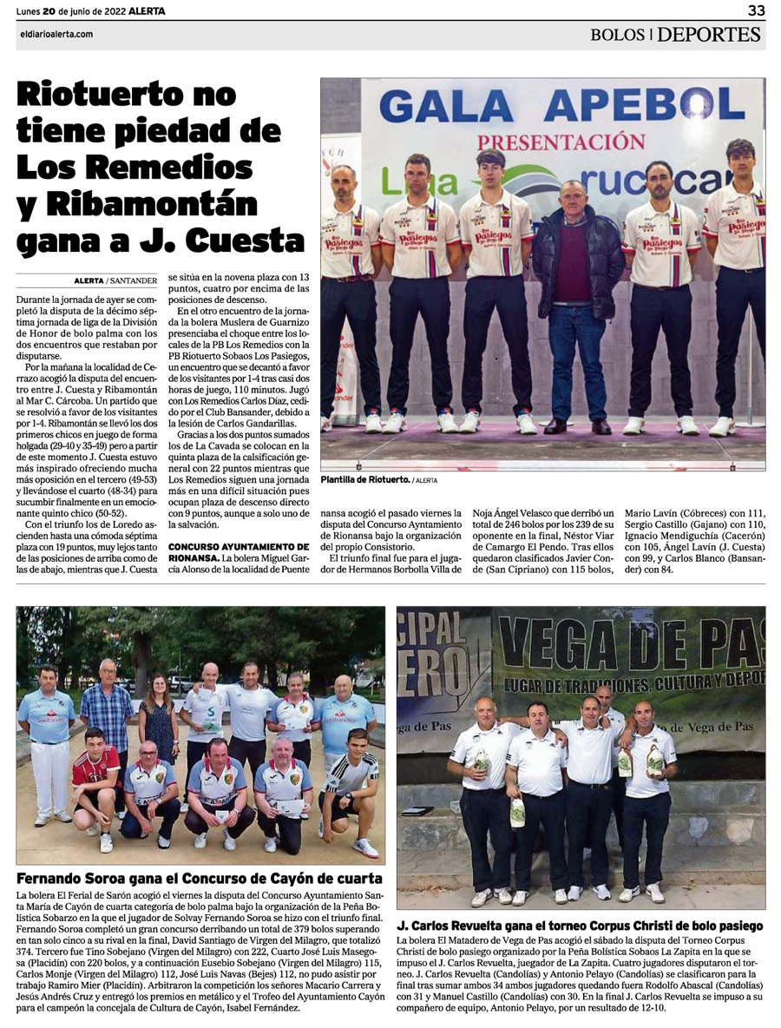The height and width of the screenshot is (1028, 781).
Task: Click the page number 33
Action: [x=756, y=10]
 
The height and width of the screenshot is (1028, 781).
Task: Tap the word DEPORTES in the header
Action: [x=709, y=35]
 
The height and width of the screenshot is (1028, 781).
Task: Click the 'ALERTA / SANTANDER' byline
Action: [x=115, y=280]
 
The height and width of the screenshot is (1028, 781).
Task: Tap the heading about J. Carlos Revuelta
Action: [x=580, y=926]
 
